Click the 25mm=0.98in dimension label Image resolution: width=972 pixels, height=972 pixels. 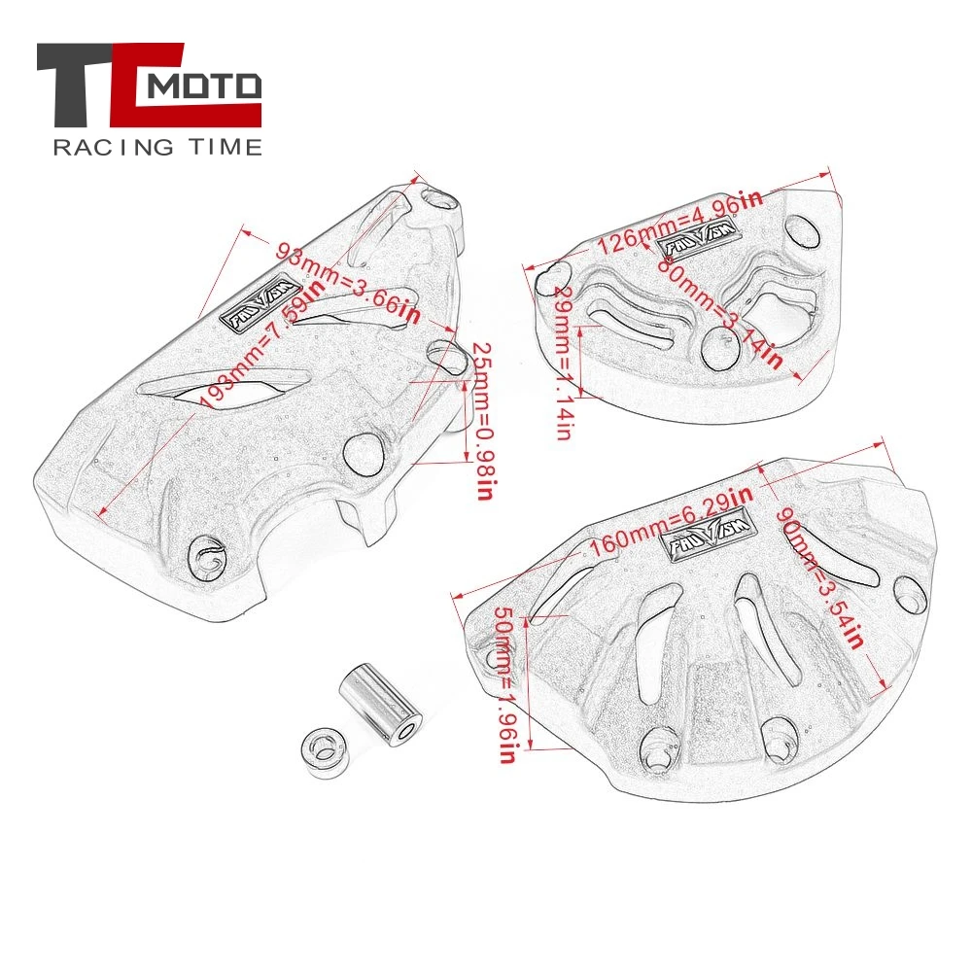click(477, 419)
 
